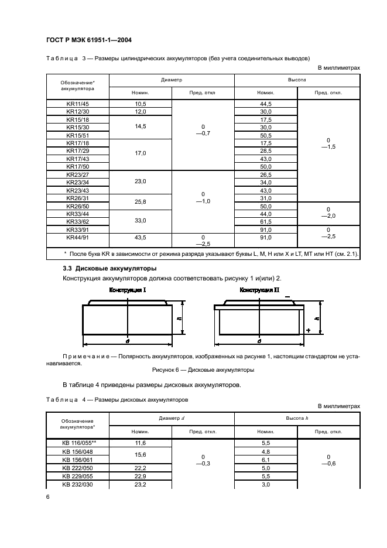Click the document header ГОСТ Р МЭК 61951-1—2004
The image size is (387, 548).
tap(88, 40)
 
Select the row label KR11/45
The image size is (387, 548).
tap(77, 104)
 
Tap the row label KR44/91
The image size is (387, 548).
tap(77, 238)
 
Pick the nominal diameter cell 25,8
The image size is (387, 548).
tap(140, 202)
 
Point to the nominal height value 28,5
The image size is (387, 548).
tap(266, 151)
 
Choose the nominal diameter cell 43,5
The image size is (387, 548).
tap(140, 238)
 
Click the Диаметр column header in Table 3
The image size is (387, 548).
tap(172, 78)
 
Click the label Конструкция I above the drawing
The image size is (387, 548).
tap(127, 290)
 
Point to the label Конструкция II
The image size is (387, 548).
tap(259, 290)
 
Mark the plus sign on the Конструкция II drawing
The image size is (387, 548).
tap(308, 331)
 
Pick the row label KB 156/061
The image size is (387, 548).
tap(77, 460)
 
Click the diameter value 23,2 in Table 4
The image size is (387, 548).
tap(140, 485)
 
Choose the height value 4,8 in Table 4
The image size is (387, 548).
tap(266, 452)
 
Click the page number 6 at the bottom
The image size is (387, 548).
tap(47, 497)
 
